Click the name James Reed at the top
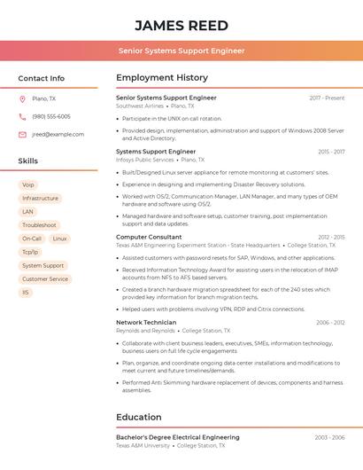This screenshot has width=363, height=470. (181, 25)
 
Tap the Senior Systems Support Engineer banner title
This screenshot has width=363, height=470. (181, 51)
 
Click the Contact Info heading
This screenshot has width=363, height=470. (41, 78)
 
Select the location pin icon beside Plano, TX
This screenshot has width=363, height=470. (22, 99)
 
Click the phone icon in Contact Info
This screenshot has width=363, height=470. (22, 117)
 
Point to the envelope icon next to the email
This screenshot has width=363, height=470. (22, 135)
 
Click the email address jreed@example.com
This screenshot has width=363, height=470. (58, 135)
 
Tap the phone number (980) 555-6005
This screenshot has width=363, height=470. (51, 117)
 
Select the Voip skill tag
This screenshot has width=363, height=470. (28, 185)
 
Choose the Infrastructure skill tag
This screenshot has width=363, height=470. (40, 199)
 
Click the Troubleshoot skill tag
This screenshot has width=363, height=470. (39, 225)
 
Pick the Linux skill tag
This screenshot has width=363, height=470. (59, 239)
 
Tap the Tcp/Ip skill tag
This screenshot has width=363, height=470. (30, 252)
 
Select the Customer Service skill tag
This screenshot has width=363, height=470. (45, 278)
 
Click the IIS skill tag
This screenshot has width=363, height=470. (26, 292)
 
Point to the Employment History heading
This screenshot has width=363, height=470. (162, 78)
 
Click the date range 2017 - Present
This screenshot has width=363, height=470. (327, 98)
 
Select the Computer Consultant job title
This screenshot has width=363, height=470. (149, 237)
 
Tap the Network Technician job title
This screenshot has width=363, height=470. (146, 323)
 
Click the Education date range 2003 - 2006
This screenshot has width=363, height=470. (329, 437)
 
